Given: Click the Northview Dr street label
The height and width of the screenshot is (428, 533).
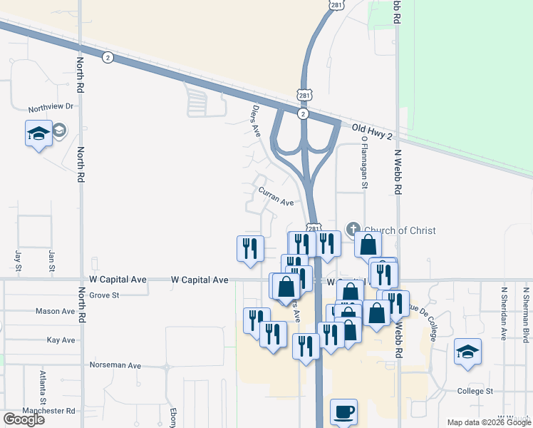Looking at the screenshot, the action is pyautogui.click(x=51, y=108).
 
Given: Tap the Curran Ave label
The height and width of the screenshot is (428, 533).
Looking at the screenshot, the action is pyautogui.click(x=276, y=197).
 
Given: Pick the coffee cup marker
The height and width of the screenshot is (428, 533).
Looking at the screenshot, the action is pyautogui.click(x=343, y=412).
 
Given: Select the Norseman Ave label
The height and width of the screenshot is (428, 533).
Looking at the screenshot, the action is pyautogui.click(x=115, y=365).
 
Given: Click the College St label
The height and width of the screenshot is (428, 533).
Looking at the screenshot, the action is pyautogui.click(x=475, y=391).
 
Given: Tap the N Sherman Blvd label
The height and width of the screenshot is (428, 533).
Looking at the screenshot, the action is pyautogui.click(x=526, y=312).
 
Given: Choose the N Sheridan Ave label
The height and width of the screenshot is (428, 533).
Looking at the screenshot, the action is pyautogui.click(x=504, y=312).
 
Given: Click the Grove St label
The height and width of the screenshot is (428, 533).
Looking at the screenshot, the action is pyautogui.click(x=104, y=294).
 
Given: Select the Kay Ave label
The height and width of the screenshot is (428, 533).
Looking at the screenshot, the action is pyautogui.click(x=61, y=340).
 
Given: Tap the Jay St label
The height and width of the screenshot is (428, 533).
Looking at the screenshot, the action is pyautogui.click(x=18, y=255).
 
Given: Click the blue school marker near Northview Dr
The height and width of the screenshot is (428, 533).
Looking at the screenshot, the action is pyautogui.click(x=38, y=133).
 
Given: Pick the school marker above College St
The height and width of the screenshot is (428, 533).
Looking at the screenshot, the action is pyautogui.click(x=468, y=352).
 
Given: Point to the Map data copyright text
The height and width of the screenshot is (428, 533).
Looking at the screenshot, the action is pyautogui.click(x=488, y=422).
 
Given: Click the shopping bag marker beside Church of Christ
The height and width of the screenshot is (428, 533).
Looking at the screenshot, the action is pyautogui.click(x=367, y=245).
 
